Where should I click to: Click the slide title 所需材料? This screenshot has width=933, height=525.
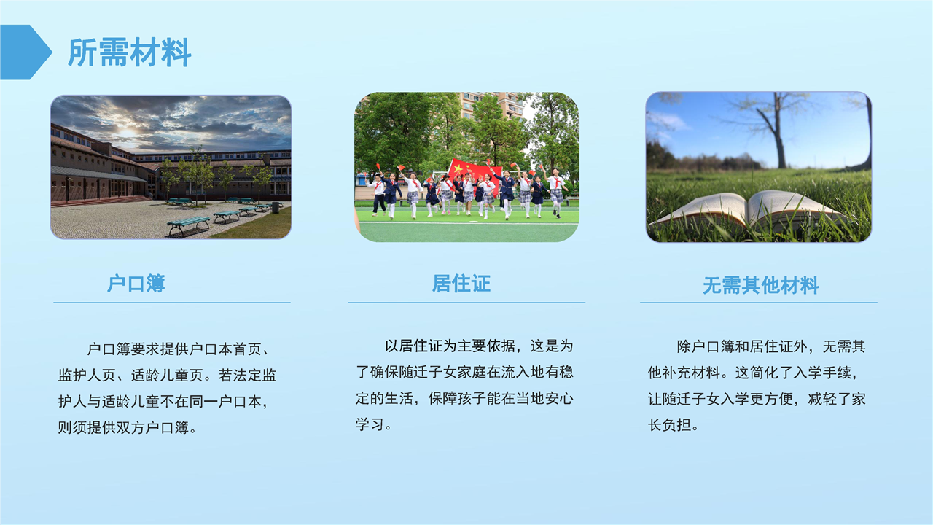click(130, 52)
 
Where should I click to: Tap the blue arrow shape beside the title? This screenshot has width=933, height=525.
click(25, 52)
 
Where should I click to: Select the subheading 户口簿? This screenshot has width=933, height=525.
click(136, 284)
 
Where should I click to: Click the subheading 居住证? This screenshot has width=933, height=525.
click(461, 284)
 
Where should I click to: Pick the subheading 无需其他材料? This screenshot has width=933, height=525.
click(761, 286)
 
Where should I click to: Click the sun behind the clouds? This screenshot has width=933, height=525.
click(128, 133)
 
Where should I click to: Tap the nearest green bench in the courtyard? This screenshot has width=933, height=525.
click(189, 225)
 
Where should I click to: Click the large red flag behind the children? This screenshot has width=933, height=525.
click(474, 173)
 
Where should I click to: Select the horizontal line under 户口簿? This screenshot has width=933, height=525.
click(172, 303)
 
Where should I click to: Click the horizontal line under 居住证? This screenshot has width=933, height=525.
click(466, 303)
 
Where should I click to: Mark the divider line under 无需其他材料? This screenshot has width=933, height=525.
click(759, 303)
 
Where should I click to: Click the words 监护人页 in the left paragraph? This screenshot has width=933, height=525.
click(87, 376)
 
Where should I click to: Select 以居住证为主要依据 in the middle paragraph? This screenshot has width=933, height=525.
click(450, 346)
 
